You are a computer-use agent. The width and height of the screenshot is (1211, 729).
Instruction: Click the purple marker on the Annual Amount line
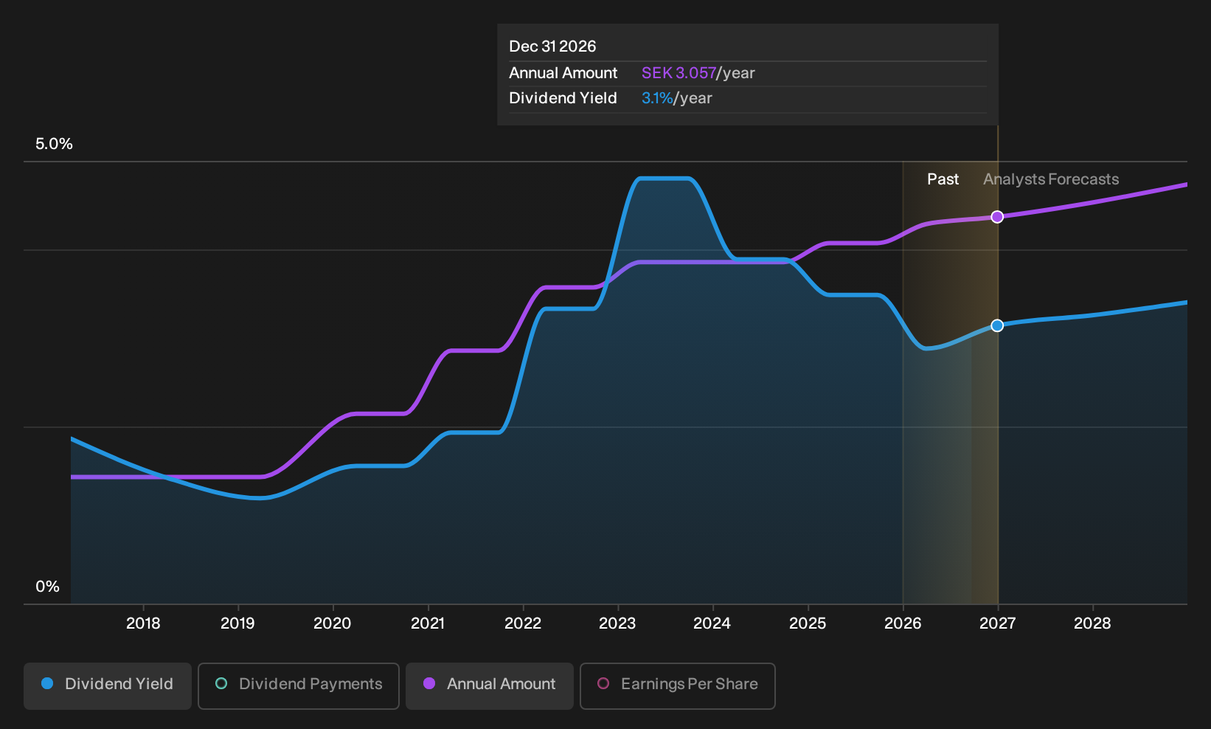[997, 217]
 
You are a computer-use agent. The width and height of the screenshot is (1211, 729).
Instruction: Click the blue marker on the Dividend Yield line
[997, 325]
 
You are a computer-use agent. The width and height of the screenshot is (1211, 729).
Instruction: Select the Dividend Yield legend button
[108, 685]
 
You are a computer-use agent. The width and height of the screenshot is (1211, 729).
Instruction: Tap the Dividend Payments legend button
[299, 685]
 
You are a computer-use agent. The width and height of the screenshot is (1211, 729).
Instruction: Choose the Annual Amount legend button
[489, 685]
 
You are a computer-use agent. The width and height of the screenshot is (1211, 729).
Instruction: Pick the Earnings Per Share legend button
[677, 685]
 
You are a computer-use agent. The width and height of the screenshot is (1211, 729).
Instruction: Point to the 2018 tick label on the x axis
[143, 623]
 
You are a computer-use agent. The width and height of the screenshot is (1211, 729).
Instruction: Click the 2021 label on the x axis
[428, 623]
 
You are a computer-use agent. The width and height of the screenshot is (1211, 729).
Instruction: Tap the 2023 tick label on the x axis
[617, 623]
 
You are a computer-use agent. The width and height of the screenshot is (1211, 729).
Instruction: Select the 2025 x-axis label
[808, 623]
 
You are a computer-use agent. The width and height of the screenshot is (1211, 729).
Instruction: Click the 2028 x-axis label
[1092, 623]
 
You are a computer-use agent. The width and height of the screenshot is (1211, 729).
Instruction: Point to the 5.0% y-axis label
[54, 144]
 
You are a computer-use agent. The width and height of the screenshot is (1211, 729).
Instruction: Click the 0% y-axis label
[48, 587]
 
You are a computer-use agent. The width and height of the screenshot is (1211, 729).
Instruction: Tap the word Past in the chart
[943, 179]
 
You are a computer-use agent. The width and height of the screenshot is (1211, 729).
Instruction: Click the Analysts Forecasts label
[1051, 179]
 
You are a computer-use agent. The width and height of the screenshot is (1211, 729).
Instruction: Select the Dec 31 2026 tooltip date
[552, 46]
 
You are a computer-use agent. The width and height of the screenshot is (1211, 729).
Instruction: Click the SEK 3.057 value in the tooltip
[679, 72]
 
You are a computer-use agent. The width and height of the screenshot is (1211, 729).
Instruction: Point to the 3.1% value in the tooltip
[657, 98]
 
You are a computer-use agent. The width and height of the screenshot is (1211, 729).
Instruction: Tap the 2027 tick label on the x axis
[997, 623]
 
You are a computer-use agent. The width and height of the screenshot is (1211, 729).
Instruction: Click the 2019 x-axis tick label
[238, 623]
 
